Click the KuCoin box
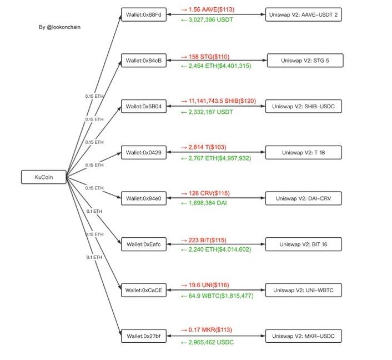click(x=43, y=177)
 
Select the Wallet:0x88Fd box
click(x=144, y=15)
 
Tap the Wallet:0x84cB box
click(x=144, y=61)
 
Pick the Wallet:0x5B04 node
click(x=144, y=107)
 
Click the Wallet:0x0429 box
click(x=144, y=153)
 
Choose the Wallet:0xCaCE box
click(x=144, y=290)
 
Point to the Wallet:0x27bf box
click(x=144, y=336)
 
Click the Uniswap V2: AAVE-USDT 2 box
click(x=303, y=15)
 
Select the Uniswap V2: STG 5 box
click(x=304, y=61)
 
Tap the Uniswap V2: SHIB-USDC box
click(x=303, y=107)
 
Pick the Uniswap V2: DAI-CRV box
click(x=303, y=198)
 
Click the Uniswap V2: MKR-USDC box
click(x=303, y=336)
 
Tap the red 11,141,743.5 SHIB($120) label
click(x=218, y=101)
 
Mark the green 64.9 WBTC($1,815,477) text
click(x=217, y=296)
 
